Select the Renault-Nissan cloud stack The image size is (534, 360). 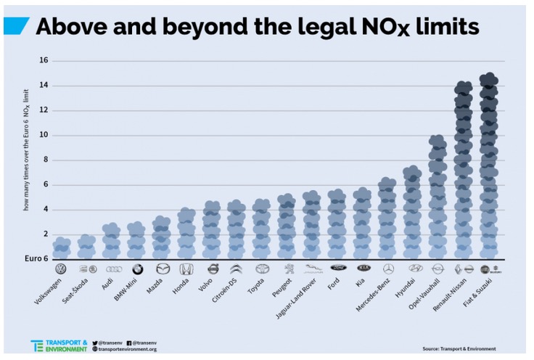coord(463,171)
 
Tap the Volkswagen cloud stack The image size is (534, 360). coord(62,248)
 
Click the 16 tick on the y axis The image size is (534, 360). coord(43,60)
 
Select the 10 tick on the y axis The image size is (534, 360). coord(43,135)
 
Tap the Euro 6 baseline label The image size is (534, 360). coord(36,258)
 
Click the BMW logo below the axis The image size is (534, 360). coord(137,269)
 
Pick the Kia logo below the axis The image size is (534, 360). coord(362,268)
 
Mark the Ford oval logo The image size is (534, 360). coord(337,268)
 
